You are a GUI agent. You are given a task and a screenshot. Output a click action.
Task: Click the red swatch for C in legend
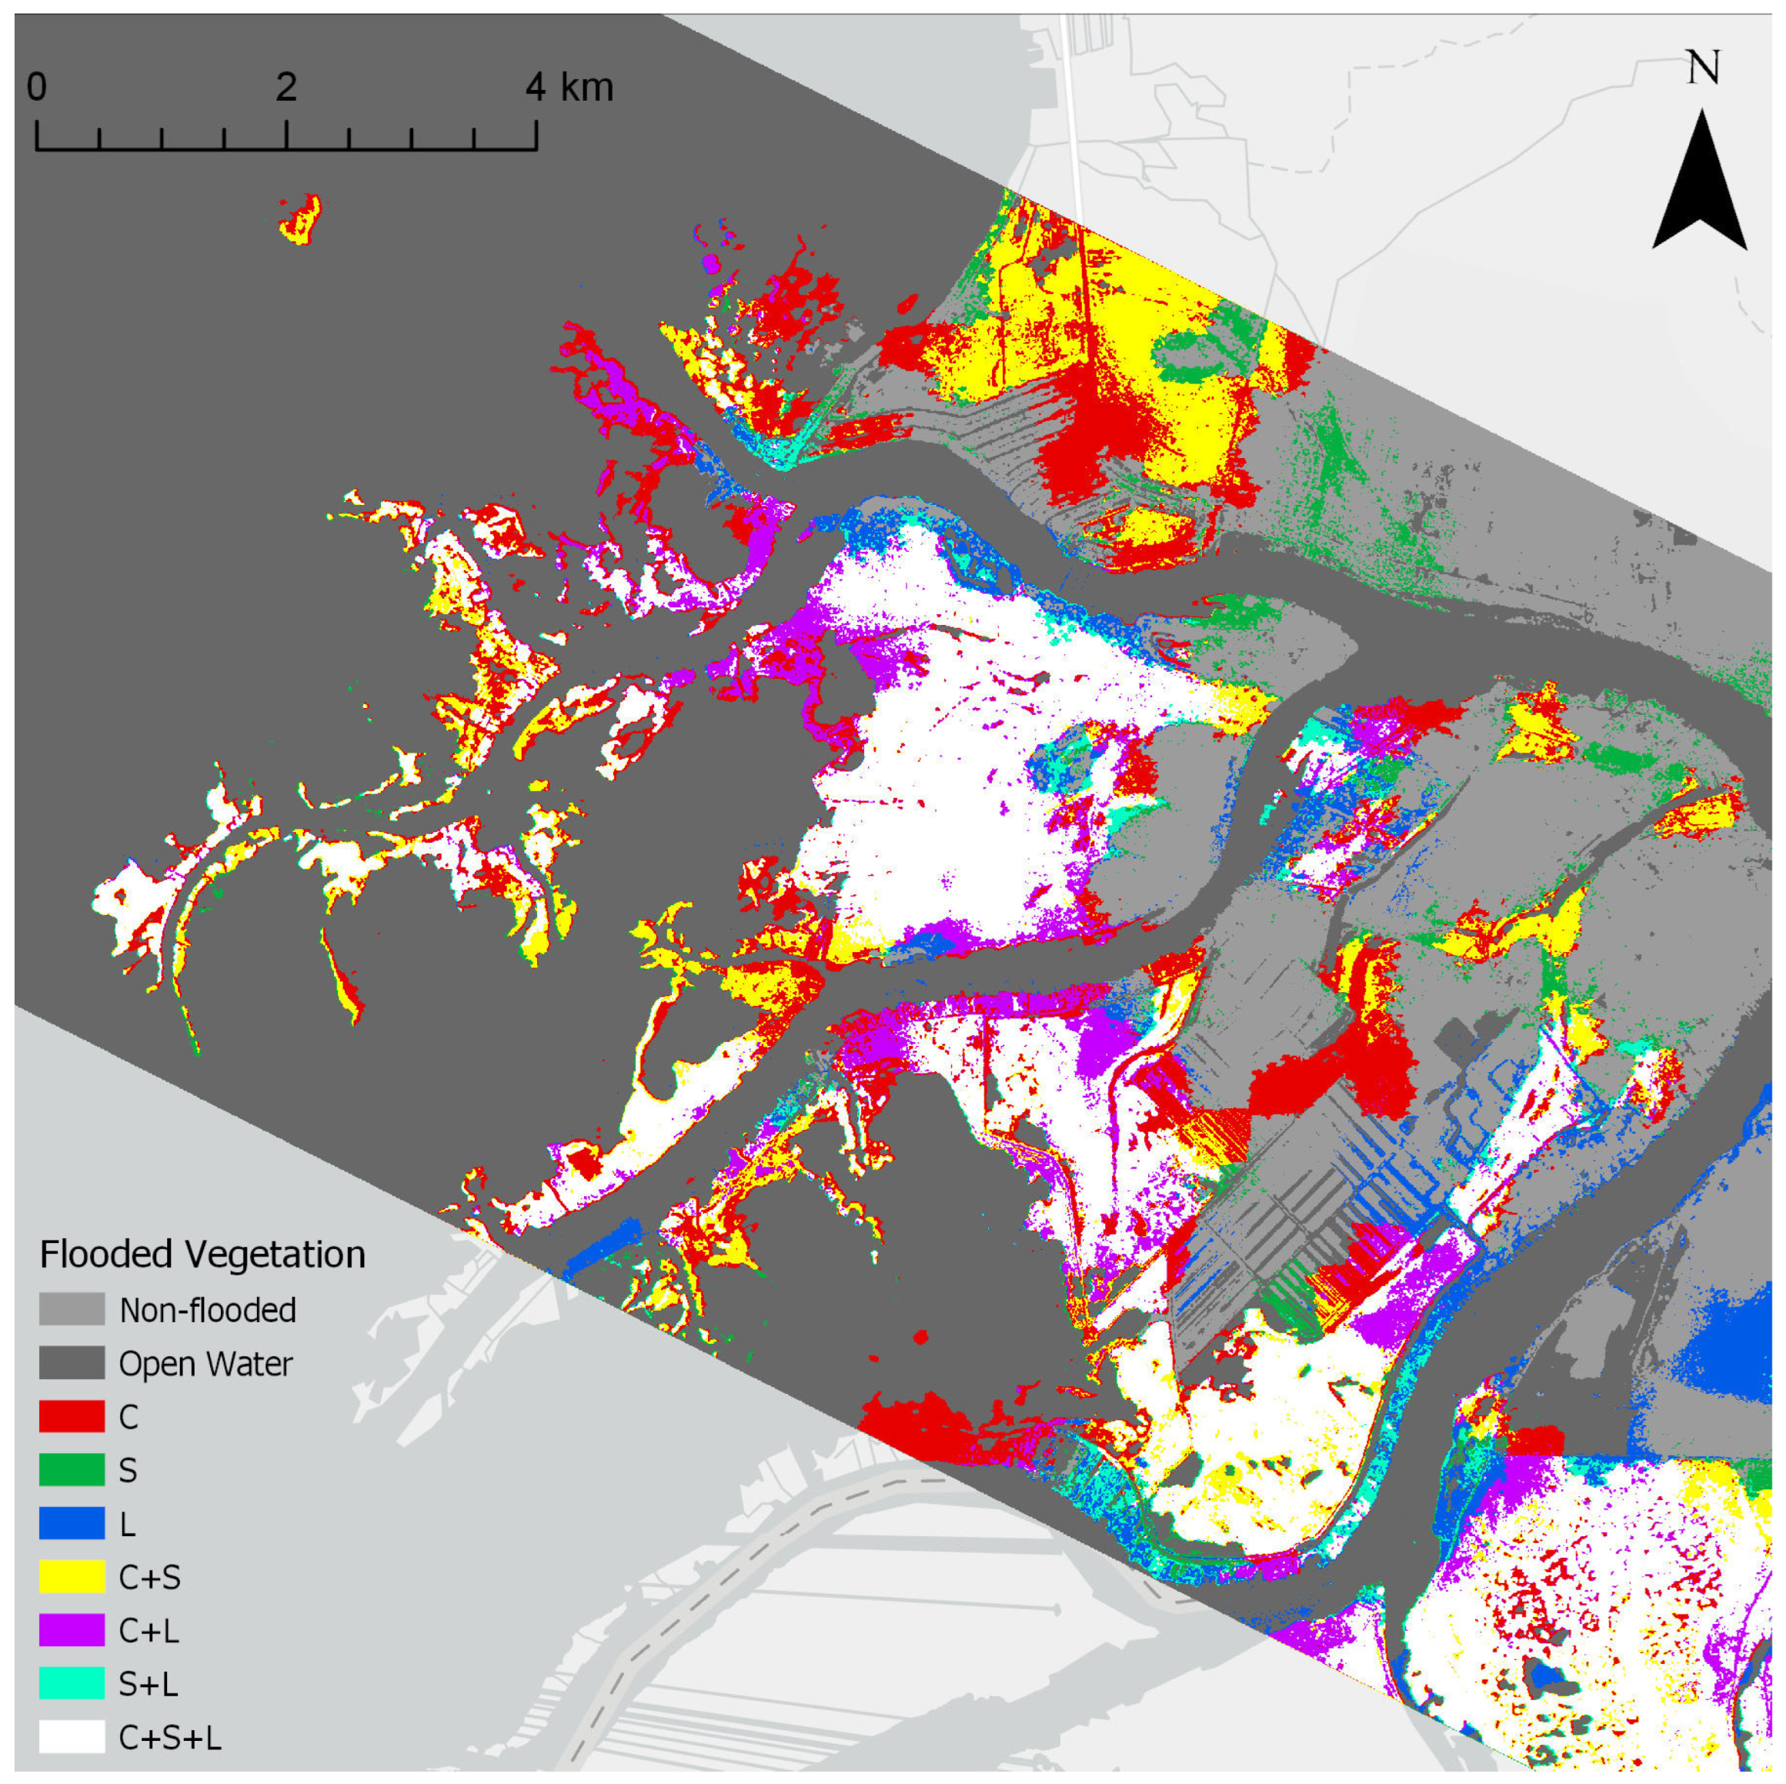point(72,1416)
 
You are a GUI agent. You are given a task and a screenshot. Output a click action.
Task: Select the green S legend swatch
point(72,1470)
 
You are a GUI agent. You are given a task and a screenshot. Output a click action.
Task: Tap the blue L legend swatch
point(72,1523)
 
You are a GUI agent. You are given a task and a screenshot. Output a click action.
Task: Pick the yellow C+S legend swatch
point(72,1577)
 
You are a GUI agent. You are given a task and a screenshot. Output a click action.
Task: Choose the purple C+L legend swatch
point(72,1631)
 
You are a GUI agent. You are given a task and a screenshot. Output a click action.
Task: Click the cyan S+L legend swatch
point(72,1683)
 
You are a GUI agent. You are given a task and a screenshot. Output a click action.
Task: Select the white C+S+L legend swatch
point(72,1737)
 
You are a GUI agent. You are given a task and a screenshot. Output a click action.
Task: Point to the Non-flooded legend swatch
point(72,1310)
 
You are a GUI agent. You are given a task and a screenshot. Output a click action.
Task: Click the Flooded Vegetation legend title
point(202,1254)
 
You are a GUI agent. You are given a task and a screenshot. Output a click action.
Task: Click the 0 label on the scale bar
point(36,87)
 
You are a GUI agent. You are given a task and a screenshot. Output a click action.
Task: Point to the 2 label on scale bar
point(285,87)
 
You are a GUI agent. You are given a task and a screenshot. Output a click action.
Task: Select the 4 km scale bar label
point(569,87)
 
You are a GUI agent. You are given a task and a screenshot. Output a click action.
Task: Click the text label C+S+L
point(170,1738)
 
